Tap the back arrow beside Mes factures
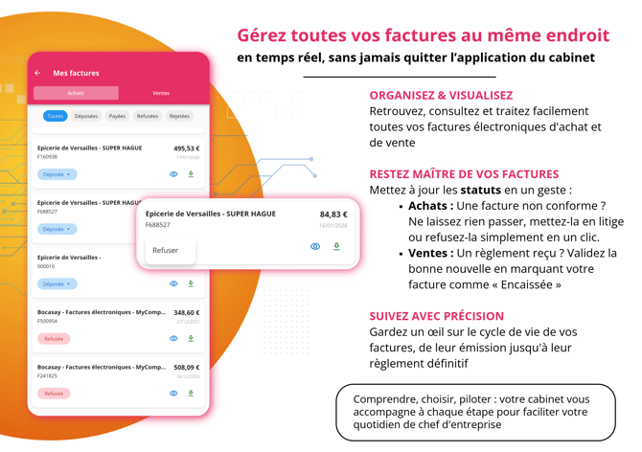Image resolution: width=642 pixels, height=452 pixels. tap(38, 73)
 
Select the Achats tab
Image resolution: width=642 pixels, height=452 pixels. tap(76, 93)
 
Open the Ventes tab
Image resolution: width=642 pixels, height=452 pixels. tap(161, 93)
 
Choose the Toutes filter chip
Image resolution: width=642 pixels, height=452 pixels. tap(55, 116)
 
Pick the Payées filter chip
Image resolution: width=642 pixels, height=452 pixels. tap(117, 116)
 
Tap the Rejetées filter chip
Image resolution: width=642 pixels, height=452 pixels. tap(179, 116)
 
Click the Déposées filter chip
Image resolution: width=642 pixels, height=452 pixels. tap(86, 116)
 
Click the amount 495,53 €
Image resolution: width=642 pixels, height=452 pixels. tap(186, 148)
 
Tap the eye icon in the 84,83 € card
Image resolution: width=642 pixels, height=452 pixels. tap(315, 247)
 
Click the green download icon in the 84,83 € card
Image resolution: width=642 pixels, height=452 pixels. tap(336, 247)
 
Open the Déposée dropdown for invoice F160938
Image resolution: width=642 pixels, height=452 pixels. tap(57, 174)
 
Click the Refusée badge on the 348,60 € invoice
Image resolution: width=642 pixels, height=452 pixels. tap(54, 339)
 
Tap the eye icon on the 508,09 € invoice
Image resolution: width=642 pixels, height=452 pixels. tap(173, 394)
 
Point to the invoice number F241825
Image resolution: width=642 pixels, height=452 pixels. tap(47, 376)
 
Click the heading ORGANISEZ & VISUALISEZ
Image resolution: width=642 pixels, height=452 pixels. tap(441, 96)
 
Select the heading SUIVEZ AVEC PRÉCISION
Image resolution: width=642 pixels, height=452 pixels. tap(436, 316)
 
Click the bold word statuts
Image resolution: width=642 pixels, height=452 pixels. tap(480, 190)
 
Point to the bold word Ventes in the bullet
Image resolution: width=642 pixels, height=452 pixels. tap(430, 254)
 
